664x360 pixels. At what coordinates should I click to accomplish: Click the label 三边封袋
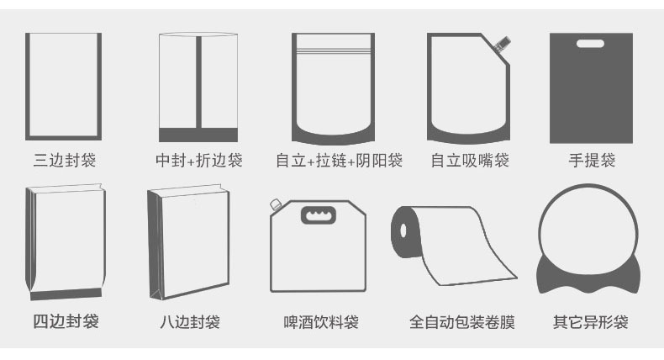[x=64, y=160]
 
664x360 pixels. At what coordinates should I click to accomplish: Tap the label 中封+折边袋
[x=199, y=160]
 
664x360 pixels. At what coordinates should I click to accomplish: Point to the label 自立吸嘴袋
[x=470, y=160]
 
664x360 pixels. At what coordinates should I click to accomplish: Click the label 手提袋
[x=591, y=160]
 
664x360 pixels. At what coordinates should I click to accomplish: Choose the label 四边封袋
[x=65, y=321]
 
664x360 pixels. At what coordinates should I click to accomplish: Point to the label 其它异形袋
[x=590, y=321]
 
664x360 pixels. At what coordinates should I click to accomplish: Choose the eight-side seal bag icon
[x=177, y=244]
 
